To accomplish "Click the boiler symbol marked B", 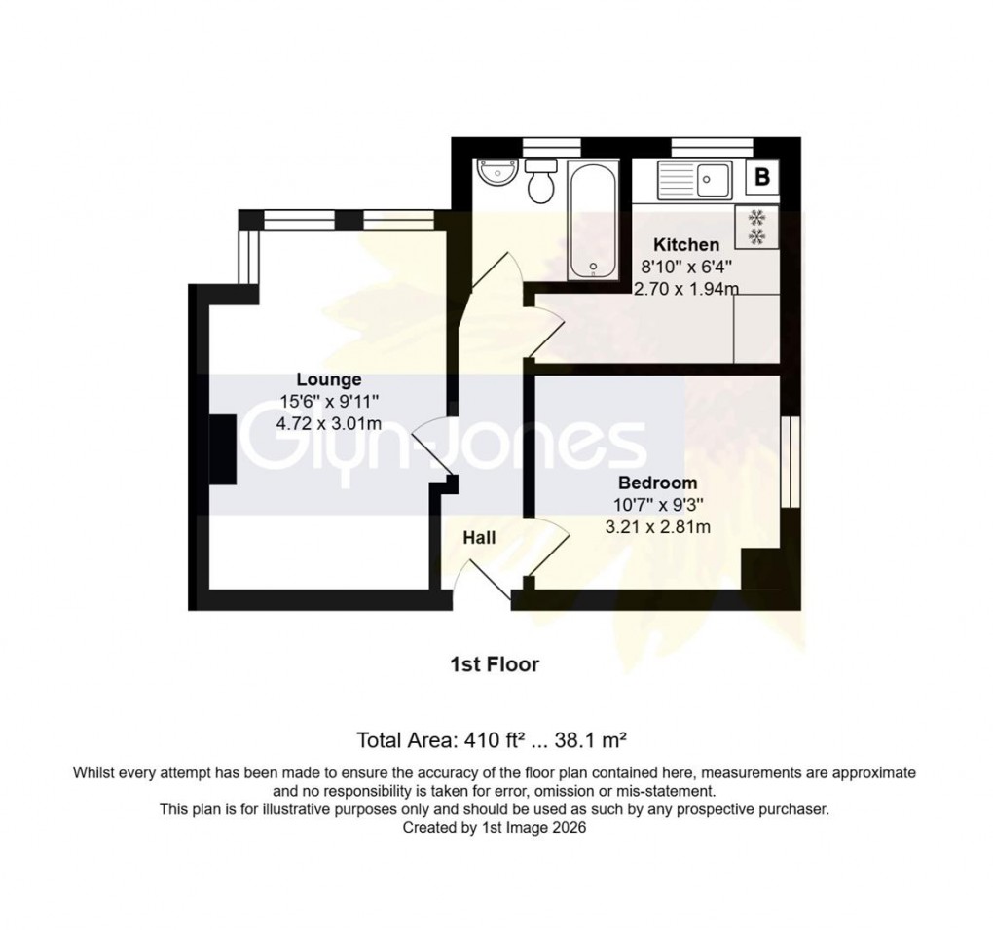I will [x=762, y=178].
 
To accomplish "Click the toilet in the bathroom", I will [x=540, y=181].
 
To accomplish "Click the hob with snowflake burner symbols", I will [x=756, y=227].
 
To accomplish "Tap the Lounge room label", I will [x=329, y=379].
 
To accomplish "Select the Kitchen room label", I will [x=686, y=244].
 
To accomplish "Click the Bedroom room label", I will [x=657, y=483].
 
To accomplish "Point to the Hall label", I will [x=479, y=537].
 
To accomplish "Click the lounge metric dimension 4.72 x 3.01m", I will [x=329, y=424].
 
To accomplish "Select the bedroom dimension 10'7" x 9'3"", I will [x=657, y=505].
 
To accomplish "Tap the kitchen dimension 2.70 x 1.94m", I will [x=686, y=289].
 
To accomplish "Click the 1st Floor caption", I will [x=495, y=664].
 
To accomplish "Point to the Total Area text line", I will [x=496, y=740].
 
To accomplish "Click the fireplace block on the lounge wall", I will [x=223, y=447].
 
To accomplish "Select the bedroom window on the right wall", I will [x=790, y=462].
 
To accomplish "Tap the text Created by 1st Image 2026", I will [x=495, y=827].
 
